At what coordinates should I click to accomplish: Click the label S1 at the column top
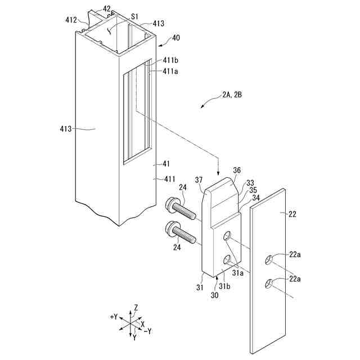[x=134, y=17]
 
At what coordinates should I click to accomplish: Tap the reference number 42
[x=107, y=10]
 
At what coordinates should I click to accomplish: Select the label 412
[x=71, y=20]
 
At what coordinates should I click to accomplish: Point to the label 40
[x=176, y=38]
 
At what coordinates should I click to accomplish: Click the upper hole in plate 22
[x=270, y=259]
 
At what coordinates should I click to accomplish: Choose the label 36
[x=237, y=170]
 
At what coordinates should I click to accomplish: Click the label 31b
[x=224, y=285]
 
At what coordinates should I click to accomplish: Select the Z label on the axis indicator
[x=136, y=308]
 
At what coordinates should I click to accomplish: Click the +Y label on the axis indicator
[x=114, y=317]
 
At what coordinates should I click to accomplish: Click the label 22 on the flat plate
[x=292, y=214]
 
